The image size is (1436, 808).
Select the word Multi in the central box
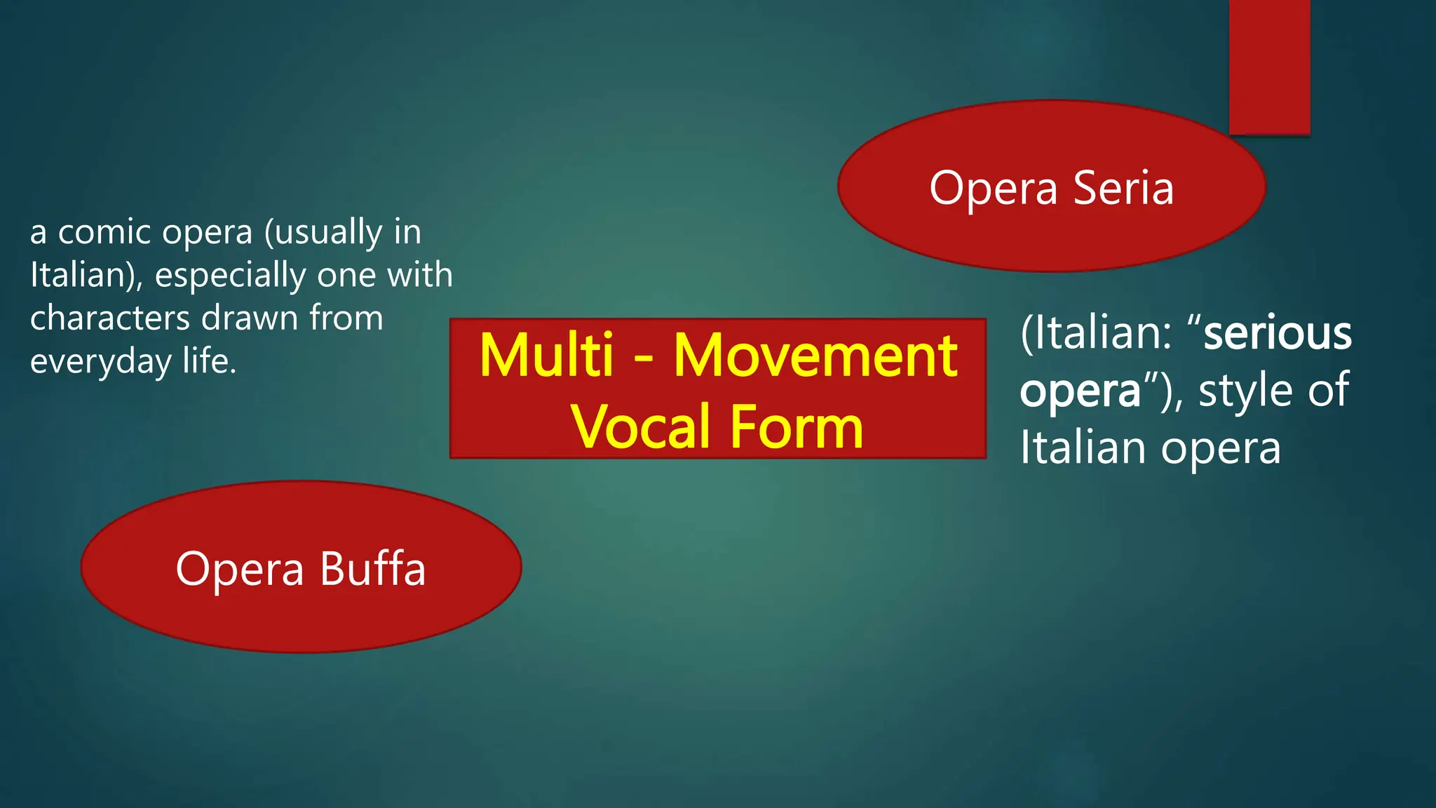point(546,356)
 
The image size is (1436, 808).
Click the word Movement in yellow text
point(815,356)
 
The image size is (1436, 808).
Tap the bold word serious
point(1277,333)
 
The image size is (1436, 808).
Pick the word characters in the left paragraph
point(110,318)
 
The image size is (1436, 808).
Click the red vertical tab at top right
point(1269,67)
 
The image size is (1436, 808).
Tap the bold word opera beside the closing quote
point(1080,391)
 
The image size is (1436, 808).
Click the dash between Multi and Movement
point(644,359)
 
